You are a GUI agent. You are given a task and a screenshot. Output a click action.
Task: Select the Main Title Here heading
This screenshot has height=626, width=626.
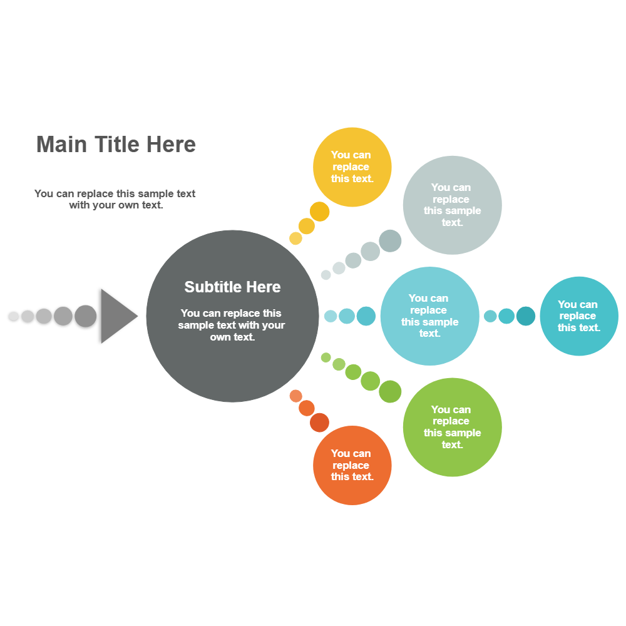tap(116, 145)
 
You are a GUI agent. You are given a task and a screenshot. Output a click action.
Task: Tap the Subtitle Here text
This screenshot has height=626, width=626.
tap(232, 287)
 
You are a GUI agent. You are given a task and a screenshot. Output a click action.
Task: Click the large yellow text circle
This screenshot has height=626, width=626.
tap(352, 167)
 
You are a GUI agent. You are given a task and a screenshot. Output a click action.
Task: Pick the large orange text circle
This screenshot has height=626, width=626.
tap(352, 465)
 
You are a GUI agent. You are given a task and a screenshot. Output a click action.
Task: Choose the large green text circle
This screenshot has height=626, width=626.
tap(452, 428)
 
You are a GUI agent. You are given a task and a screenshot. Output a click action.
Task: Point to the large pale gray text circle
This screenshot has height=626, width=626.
tap(452, 205)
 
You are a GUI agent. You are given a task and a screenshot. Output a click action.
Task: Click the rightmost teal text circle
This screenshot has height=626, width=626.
tap(578, 316)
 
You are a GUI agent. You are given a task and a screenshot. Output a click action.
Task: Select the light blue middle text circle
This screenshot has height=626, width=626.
tap(429, 316)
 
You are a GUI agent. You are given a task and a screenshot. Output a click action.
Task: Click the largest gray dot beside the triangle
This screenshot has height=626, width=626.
tap(86, 316)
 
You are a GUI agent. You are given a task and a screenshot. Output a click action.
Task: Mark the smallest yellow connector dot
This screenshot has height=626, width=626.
tap(295, 239)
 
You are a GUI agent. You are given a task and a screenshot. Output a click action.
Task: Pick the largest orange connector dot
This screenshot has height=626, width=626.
tap(319, 423)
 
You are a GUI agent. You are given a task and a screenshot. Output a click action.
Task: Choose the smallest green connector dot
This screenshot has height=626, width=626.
tap(326, 357)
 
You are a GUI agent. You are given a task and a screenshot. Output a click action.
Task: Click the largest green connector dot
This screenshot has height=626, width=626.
tap(390, 391)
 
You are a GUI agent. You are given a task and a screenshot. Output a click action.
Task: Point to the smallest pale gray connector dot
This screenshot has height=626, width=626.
tap(326, 275)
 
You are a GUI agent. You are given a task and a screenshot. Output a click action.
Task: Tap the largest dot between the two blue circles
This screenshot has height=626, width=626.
tap(526, 316)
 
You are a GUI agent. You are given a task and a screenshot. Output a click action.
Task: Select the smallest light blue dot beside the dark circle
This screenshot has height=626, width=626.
tap(331, 316)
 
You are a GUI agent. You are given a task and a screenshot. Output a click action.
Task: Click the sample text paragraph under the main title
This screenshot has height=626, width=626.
tap(115, 199)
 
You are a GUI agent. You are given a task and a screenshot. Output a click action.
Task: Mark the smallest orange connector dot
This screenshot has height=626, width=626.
tap(296, 396)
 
